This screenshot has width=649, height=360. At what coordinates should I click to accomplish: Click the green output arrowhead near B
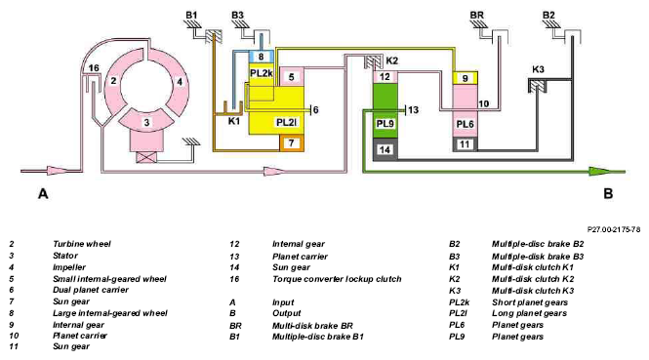click(x=599, y=171)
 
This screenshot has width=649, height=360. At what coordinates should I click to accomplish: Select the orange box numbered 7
click(x=292, y=143)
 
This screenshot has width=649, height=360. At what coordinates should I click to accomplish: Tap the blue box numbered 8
click(x=261, y=57)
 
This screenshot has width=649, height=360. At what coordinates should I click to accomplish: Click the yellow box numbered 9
click(x=466, y=78)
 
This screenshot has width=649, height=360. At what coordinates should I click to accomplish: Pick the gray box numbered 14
click(x=385, y=149)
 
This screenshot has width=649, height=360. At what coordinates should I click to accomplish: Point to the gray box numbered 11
click(x=466, y=144)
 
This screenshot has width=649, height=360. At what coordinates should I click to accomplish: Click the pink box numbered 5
click(x=292, y=77)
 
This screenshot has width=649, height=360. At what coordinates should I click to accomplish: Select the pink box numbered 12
click(x=385, y=77)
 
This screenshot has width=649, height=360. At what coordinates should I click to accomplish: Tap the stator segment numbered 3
click(x=145, y=121)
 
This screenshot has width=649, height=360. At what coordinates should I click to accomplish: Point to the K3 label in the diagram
click(x=538, y=69)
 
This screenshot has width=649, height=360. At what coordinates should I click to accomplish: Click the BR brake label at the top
click(x=477, y=16)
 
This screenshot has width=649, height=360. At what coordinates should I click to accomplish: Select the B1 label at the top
click(x=191, y=16)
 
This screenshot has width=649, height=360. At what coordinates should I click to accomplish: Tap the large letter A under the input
click(x=43, y=193)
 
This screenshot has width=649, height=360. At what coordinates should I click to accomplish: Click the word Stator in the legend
click(x=65, y=256)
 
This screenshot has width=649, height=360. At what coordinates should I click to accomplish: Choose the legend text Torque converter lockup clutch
click(x=337, y=279)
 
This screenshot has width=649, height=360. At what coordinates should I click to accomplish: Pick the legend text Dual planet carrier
click(x=91, y=290)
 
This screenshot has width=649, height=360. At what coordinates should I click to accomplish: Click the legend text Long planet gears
click(x=529, y=313)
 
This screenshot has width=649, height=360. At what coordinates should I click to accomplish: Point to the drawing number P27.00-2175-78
click(x=614, y=229)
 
